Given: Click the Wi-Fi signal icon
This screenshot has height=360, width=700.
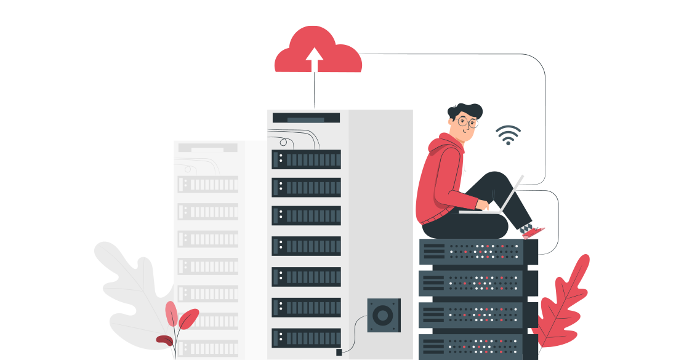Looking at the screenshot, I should point(508,135).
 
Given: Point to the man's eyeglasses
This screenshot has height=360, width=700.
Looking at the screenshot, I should point(468,122).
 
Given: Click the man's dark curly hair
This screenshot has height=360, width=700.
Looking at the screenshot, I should point(465,110).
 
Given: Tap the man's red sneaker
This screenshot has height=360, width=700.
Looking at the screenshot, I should point(534,233).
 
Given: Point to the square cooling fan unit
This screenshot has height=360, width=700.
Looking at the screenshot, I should point(384,315).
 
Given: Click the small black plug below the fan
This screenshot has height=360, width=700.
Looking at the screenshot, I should point(339,352).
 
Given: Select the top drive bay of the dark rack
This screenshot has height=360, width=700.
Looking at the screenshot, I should point(307,159).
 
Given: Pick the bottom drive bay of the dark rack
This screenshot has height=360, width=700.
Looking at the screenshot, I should point(307,338).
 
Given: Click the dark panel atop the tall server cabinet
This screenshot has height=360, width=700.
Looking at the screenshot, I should point(306,118).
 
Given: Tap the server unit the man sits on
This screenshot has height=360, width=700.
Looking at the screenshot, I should point(472,252).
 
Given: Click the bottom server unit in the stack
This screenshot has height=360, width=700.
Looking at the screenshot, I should point(472,346).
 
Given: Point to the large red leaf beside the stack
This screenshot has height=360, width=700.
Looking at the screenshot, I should point(563,302).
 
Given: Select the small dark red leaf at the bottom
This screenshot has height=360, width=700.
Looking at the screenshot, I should point(164,340).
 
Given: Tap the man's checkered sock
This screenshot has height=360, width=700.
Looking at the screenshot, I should point(527,228).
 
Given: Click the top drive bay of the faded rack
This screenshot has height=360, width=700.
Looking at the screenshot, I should point(208,184).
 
